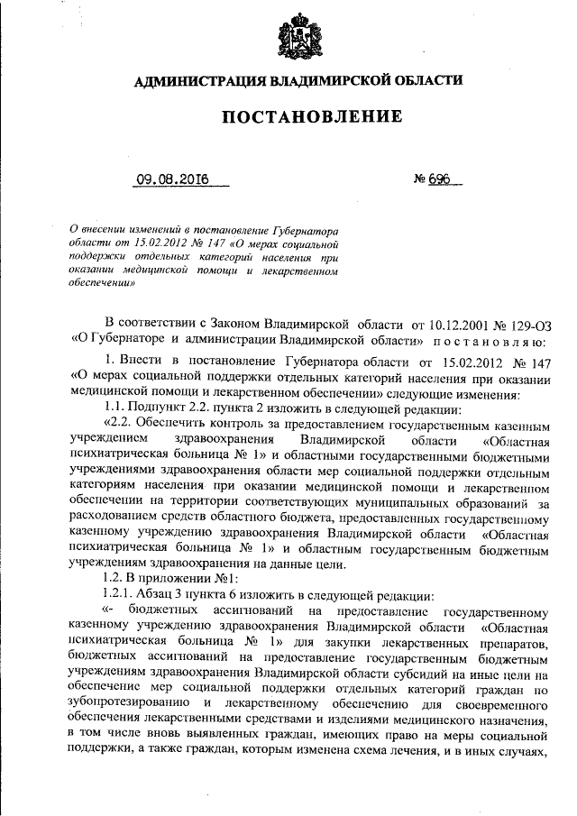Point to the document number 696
click(438, 179)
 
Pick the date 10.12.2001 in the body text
click(442, 322)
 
